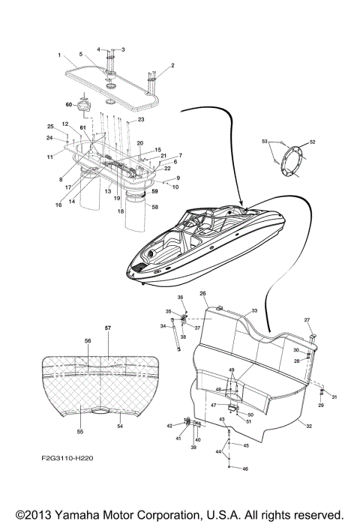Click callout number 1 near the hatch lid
[x=58, y=55]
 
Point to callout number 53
[x=264, y=140]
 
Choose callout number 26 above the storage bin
[x=202, y=292]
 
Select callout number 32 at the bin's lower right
[x=310, y=425]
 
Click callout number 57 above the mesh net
[x=107, y=328]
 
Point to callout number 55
[x=79, y=433]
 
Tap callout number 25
[x=50, y=127]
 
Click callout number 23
[x=140, y=119]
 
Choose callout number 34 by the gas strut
[x=163, y=326]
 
